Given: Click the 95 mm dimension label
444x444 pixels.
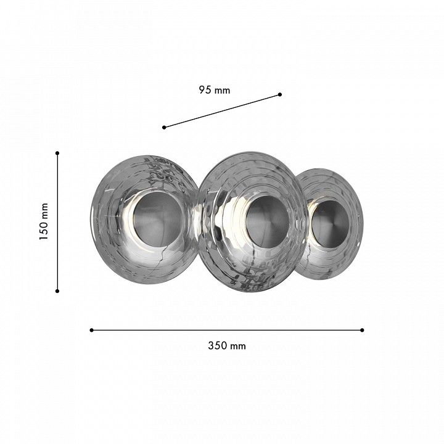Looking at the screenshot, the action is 215,90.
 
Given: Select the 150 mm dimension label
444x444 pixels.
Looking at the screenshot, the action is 44,222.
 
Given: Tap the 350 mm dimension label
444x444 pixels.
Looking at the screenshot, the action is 227,346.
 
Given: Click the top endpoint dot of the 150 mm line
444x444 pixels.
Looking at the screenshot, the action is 57,153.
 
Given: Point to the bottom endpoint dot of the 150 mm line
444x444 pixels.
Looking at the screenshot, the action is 57,291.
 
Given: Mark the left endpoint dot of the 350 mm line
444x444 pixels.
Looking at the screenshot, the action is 91,330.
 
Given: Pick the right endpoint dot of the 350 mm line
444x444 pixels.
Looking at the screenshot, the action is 362,330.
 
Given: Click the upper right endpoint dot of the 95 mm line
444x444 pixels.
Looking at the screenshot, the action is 280,94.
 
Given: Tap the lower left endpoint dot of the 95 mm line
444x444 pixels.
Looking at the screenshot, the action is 164,128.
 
